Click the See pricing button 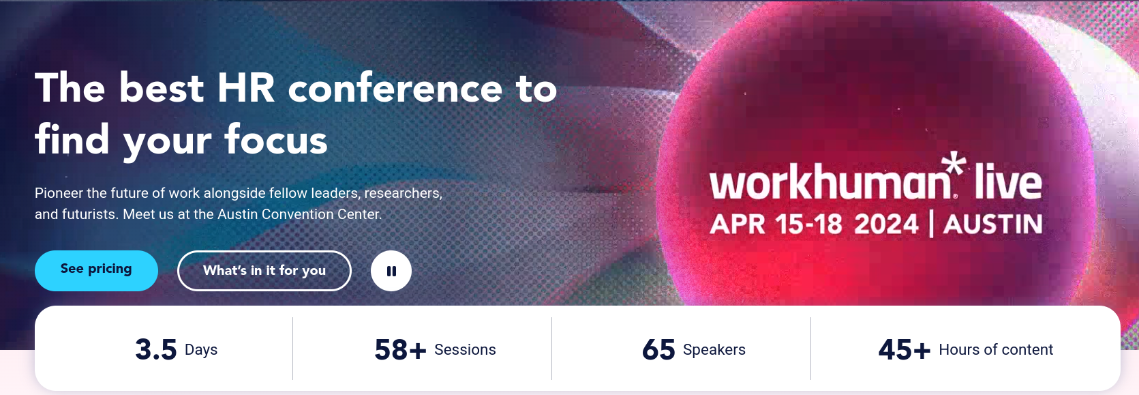click(96, 270)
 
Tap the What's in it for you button click(264, 271)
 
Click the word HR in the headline click(245, 89)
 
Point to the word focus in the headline click(276, 140)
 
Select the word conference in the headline click(395, 89)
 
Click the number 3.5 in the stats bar click(156, 350)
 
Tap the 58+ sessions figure click(400, 350)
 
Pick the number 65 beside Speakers click(658, 350)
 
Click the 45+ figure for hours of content click(904, 350)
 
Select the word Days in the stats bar click(201, 350)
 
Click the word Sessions click(465, 350)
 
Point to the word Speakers click(714, 350)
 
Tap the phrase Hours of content click(996, 350)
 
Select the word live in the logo click(1007, 182)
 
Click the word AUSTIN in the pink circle click(993, 224)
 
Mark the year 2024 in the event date click(886, 224)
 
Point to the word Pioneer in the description click(59, 194)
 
